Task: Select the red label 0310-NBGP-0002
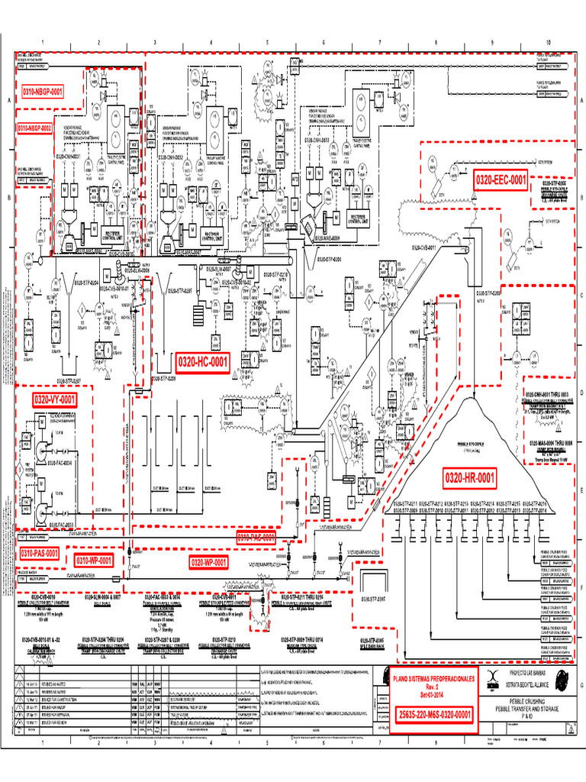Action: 34,128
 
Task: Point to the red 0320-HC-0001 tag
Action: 203,360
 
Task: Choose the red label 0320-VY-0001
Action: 54,399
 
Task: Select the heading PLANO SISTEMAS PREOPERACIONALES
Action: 433,677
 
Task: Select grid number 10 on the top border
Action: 548,42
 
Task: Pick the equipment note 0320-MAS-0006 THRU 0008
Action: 545,442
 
